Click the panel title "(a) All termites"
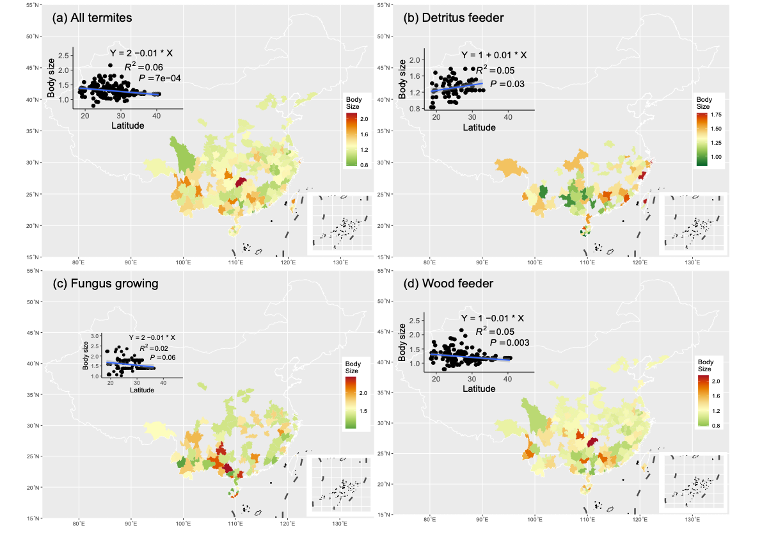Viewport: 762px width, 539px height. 92,18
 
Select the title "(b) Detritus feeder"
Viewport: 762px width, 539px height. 454,18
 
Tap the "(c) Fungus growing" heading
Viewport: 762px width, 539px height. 106,283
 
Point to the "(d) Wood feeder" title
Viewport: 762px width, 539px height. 448,283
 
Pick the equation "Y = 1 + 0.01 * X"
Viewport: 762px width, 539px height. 494,56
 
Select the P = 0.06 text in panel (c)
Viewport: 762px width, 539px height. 162,357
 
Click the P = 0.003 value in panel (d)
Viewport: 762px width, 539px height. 510,343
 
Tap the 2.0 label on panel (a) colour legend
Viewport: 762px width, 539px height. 364,120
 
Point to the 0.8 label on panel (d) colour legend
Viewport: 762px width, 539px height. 716,425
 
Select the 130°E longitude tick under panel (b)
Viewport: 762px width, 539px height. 691,262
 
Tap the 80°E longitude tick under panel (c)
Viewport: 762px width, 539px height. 79,523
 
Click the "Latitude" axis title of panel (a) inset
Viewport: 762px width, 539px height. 128,125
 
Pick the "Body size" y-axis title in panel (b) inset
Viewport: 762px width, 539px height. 402,79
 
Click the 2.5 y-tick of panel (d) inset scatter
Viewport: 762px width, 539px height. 416,321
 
